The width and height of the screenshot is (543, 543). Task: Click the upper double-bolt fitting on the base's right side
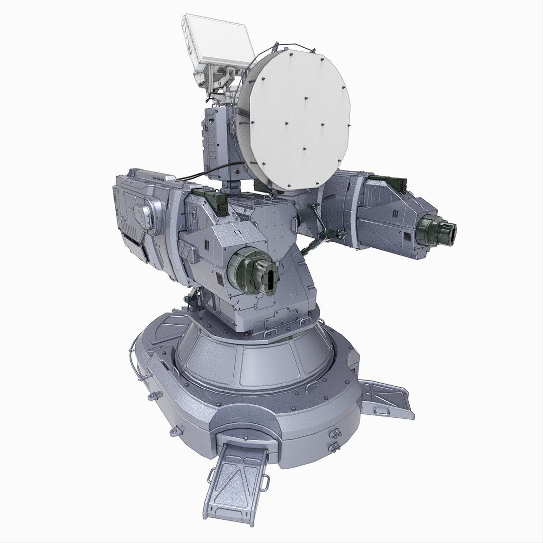pos(332,435)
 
